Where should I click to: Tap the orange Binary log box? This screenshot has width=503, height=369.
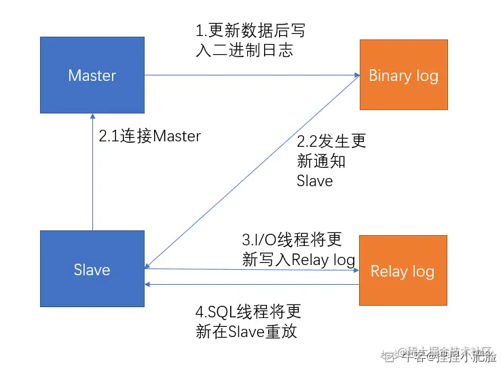click(403, 75)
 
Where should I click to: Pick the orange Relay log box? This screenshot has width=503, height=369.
click(403, 271)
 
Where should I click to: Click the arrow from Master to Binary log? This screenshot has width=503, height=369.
click(251, 75)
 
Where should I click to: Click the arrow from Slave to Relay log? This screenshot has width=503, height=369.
click(251, 270)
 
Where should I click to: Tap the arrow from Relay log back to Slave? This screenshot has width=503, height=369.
click(251, 285)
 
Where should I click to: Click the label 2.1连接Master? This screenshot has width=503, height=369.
click(149, 136)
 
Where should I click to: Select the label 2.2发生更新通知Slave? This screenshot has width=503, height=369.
click(331, 161)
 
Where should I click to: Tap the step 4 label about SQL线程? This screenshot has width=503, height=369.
click(248, 322)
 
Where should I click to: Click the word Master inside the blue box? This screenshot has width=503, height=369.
click(92, 75)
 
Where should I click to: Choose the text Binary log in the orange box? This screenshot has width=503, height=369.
click(403, 75)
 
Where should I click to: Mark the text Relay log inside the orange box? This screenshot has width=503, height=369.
click(403, 272)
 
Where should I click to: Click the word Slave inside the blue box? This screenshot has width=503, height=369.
click(92, 270)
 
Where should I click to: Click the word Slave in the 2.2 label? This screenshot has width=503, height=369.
click(315, 181)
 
